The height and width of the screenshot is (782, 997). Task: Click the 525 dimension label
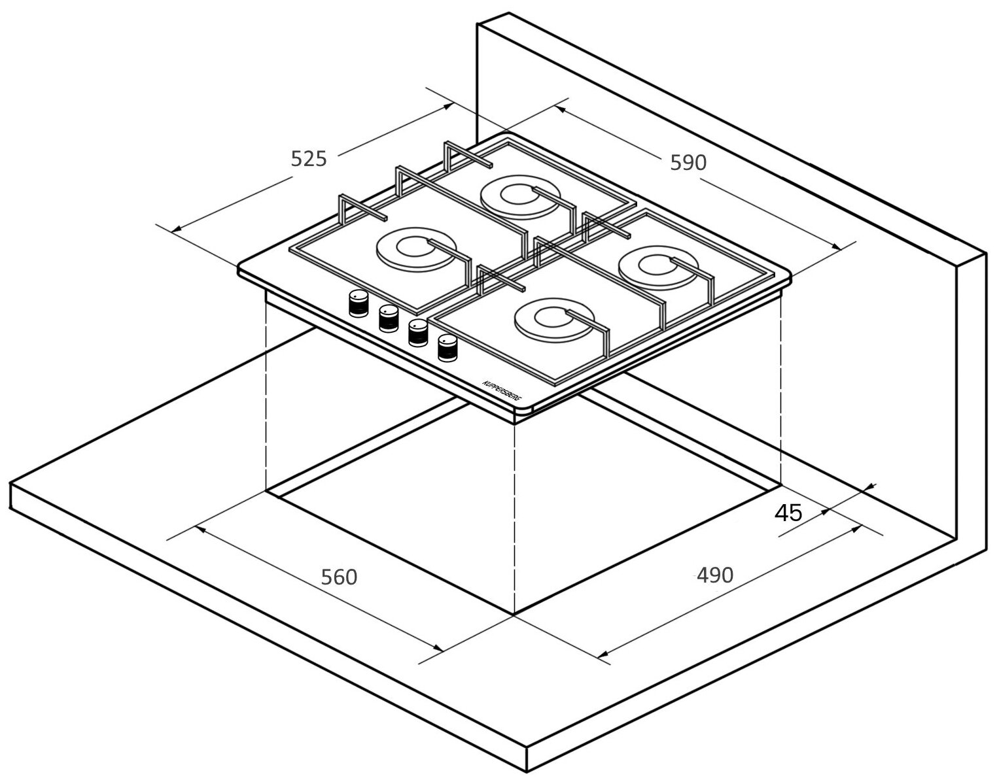(309, 159)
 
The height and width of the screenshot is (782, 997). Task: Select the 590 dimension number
(688, 163)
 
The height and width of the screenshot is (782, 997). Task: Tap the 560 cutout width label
(339, 577)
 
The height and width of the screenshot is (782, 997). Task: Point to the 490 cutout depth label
(715, 575)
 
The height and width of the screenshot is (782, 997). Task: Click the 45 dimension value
(788, 513)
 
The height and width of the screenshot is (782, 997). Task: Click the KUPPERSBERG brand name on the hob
(503, 390)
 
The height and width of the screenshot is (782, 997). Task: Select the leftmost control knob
(359, 303)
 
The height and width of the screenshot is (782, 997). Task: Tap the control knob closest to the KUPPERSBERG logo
(447, 348)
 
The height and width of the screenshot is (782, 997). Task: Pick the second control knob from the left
(388, 318)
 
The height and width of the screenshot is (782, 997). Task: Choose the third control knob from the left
(417, 333)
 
